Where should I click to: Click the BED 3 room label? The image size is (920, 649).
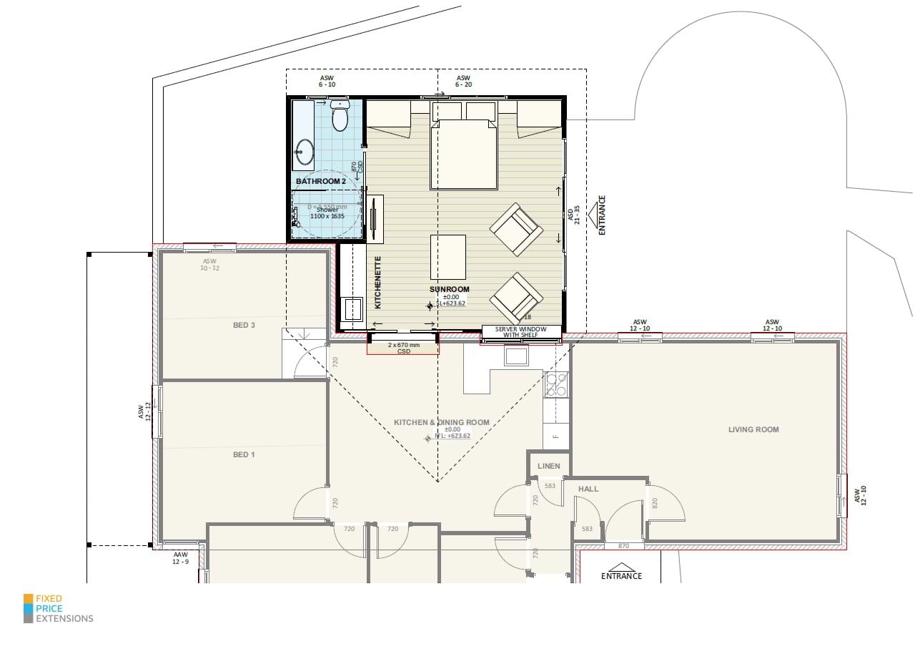(244, 325)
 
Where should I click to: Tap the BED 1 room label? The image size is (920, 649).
(244, 454)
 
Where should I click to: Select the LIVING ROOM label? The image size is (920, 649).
(753, 429)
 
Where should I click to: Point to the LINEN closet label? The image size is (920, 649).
(548, 466)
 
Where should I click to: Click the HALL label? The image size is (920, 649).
(588, 489)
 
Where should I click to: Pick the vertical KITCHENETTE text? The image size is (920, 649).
(378, 283)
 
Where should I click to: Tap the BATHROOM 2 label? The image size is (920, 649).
(321, 182)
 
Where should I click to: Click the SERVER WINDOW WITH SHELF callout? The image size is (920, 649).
(520, 332)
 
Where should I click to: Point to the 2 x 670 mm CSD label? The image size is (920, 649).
(403, 348)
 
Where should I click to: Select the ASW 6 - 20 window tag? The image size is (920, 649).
(463, 81)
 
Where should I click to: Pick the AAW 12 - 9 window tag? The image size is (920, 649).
(180, 557)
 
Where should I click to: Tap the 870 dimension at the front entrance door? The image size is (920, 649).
(623, 546)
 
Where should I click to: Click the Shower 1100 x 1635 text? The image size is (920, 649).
(327, 212)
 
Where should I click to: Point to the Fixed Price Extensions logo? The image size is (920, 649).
(58, 608)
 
